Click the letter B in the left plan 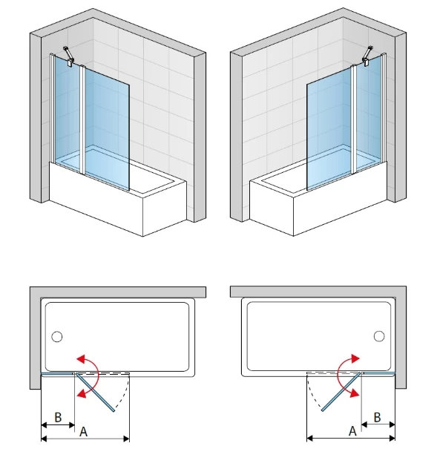tap(58, 417)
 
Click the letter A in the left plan tap(83, 432)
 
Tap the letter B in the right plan tap(377, 417)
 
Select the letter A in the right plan tap(352, 431)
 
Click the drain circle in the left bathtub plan tap(57, 336)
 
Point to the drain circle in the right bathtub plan tap(379, 336)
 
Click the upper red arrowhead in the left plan tap(81, 358)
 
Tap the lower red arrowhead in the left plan tap(82, 393)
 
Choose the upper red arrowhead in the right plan tap(355, 358)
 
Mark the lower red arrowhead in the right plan tap(355, 393)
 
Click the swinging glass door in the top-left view tap(107, 128)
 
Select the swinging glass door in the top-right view tap(329, 128)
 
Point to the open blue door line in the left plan tap(95, 392)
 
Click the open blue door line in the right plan tap(341, 392)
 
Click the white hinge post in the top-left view tap(82, 119)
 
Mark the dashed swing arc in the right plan tap(312, 393)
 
